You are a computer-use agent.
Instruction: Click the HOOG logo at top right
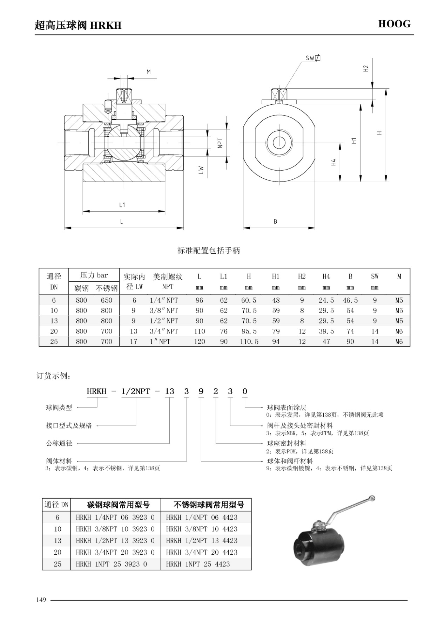pos(394,24)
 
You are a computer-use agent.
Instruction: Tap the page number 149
pos(41,600)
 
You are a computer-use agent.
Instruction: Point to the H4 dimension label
pos(333,162)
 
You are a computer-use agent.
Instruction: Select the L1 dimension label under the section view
pos(122,205)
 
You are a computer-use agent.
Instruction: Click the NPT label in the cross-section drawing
pos(220,143)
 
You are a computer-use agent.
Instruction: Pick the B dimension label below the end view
pos(275,221)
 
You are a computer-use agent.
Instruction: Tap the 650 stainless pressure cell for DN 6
pos(107,300)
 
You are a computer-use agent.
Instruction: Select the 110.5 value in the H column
pos(249,342)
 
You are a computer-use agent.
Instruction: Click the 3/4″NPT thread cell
pos(164,331)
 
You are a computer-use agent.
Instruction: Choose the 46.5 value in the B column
pos(350,300)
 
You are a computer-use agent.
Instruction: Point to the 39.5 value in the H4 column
pos(326,331)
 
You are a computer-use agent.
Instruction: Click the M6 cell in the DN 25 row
pos(399,342)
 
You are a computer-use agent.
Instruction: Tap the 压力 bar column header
pos(94,275)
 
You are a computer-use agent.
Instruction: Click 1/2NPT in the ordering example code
pos(136,391)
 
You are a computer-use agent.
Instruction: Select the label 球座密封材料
pos(286,443)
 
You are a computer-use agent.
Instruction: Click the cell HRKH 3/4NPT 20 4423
pos(202,552)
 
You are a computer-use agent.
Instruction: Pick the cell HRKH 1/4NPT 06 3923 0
pos(115,517)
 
